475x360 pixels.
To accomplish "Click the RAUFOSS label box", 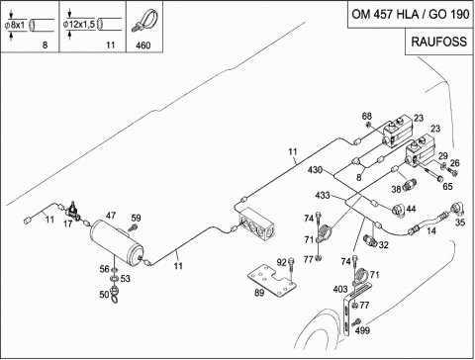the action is point(439,42).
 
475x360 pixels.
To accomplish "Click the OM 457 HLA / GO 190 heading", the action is point(411,14).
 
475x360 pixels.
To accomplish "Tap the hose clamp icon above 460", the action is point(144,21).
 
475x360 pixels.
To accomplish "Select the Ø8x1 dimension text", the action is point(15,25).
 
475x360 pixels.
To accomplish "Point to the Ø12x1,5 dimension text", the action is point(79,25).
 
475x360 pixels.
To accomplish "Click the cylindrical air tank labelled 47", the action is point(117,242).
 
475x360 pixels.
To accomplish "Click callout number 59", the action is point(136,218).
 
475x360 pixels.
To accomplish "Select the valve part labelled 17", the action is point(74,211).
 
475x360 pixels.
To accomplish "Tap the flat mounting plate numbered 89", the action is point(272,281).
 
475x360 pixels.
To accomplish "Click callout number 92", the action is point(281,262).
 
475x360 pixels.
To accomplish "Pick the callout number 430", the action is point(315,170).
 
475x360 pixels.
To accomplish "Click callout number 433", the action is point(323,195).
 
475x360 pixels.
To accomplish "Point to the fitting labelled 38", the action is point(411,183).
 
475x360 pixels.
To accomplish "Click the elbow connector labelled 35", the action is point(457,208).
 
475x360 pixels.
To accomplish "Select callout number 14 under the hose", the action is point(431,230).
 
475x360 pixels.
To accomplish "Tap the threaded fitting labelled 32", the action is point(370,239).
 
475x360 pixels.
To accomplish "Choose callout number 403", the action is point(340,289).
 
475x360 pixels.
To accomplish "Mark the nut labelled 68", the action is point(368,125).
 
